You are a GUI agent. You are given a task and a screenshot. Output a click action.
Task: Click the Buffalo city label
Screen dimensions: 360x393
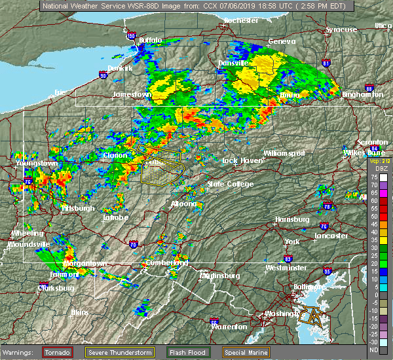[150, 41]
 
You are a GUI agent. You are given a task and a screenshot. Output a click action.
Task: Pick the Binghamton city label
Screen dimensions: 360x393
[362, 95]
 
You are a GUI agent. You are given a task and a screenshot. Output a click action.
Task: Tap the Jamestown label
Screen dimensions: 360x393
[132, 94]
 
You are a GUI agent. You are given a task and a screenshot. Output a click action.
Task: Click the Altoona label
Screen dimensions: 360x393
[183, 204]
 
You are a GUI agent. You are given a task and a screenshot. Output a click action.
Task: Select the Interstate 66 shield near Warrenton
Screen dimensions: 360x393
[214, 321]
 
